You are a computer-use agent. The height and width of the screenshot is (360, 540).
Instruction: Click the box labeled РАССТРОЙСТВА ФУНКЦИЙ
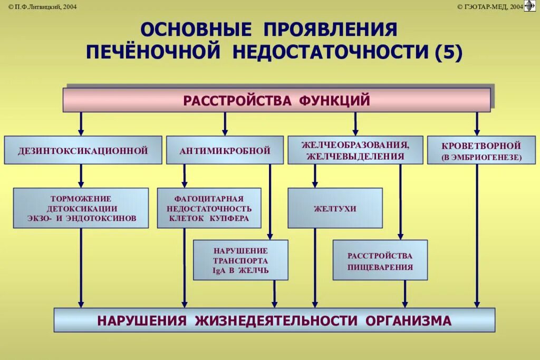click(x=276, y=100)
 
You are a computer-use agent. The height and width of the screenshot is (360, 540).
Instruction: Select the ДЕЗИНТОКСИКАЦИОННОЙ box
click(x=83, y=150)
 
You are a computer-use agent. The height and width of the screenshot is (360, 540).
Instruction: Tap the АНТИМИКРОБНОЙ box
click(x=225, y=150)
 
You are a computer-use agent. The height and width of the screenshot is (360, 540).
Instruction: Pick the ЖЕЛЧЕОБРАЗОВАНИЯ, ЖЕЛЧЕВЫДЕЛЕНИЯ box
click(x=355, y=150)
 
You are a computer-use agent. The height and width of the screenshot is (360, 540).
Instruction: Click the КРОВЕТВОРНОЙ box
click(x=481, y=150)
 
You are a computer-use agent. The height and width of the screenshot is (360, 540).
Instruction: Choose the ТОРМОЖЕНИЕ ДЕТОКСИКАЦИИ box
click(x=81, y=208)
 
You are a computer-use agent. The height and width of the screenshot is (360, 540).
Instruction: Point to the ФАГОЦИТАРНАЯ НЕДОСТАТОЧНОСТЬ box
click(x=209, y=208)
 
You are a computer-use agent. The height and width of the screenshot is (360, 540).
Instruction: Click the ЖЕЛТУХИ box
click(x=335, y=208)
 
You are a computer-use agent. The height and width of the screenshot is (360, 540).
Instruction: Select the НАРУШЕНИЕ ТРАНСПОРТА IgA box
click(x=240, y=260)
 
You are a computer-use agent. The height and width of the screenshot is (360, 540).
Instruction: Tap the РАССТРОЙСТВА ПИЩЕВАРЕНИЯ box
click(x=380, y=260)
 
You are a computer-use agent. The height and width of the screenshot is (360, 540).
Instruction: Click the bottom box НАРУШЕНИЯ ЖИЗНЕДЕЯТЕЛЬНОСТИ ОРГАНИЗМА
click(x=274, y=320)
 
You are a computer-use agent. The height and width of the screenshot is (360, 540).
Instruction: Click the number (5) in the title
click(x=448, y=52)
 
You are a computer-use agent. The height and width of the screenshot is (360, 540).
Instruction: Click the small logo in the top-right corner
click(x=530, y=6)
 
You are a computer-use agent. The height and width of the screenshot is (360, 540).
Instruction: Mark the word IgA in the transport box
click(x=218, y=270)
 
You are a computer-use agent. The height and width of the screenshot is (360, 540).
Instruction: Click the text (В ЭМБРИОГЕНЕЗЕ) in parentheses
click(x=481, y=157)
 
